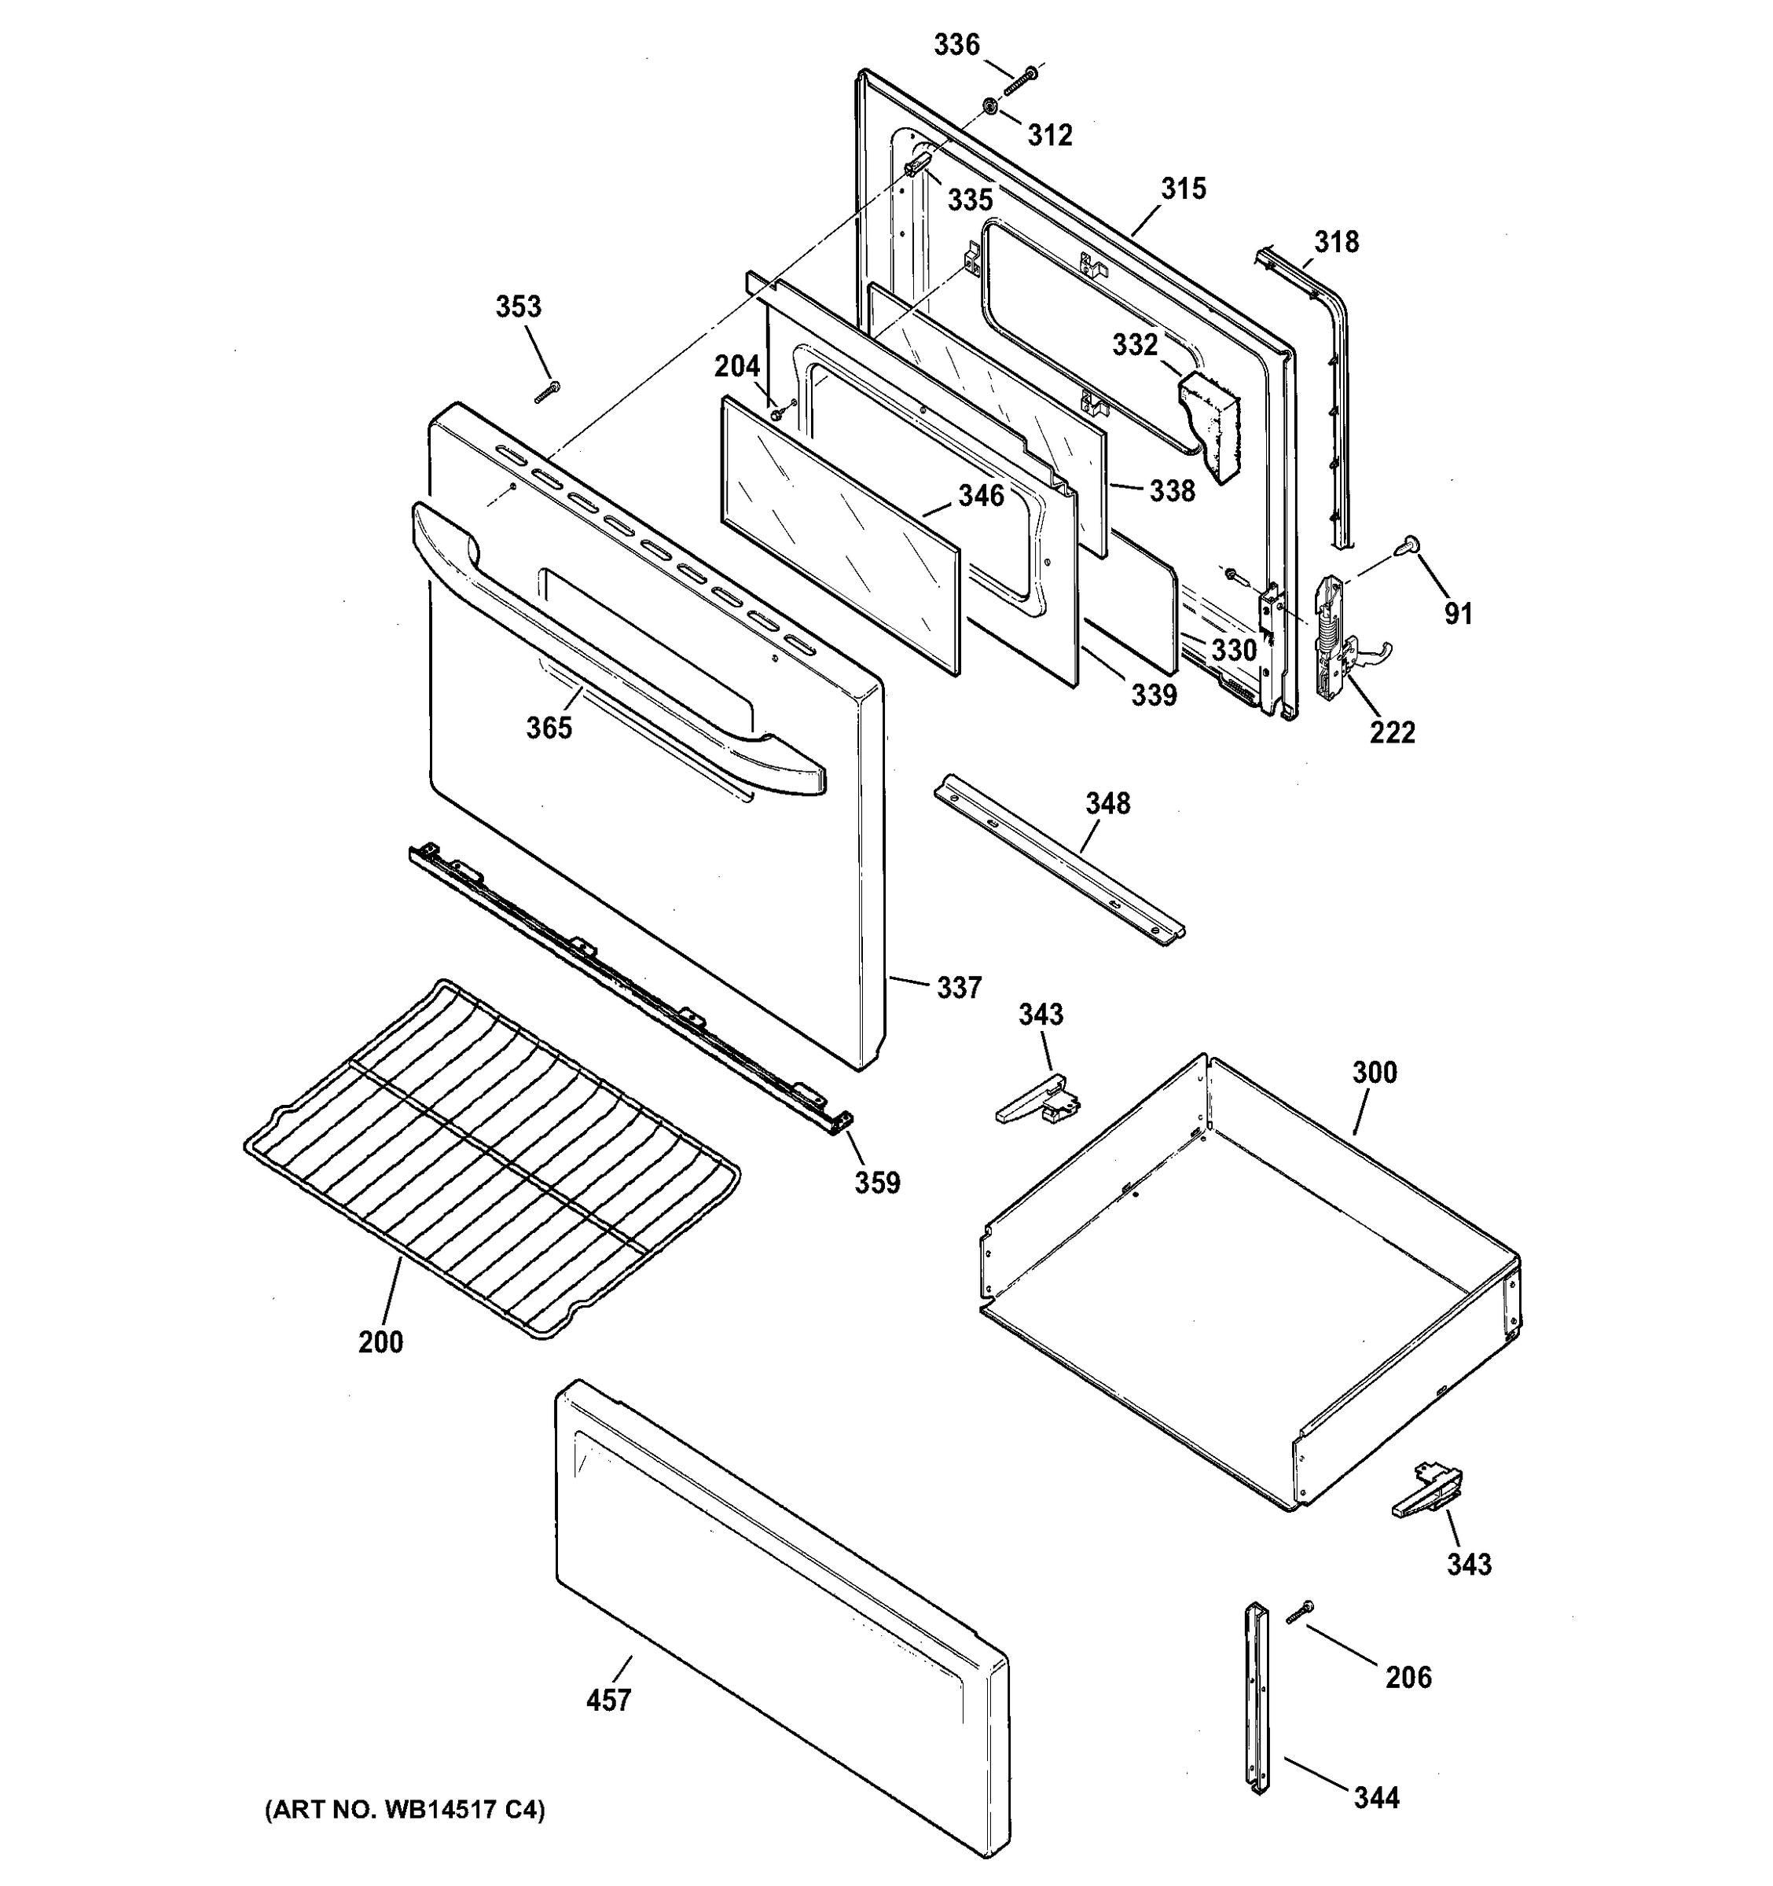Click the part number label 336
[956, 45]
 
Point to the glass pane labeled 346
[840, 536]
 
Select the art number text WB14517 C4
[405, 1810]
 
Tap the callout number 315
[1183, 189]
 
